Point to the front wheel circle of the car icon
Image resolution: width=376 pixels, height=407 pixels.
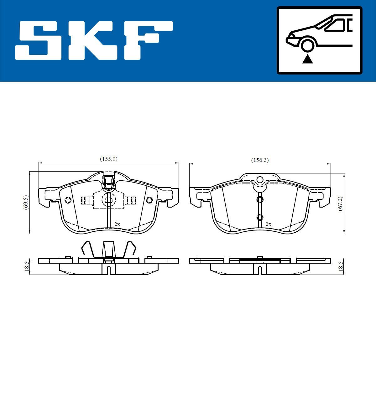point(307,44)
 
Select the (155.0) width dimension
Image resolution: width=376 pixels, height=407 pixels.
point(108,159)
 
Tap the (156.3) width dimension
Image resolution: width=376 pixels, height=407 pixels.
point(260,160)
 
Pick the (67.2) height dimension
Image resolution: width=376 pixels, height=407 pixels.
point(340,203)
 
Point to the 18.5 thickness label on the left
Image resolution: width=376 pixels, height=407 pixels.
point(27,266)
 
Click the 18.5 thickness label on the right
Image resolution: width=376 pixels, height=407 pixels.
point(340,266)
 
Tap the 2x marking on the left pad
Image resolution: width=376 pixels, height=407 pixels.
point(117,224)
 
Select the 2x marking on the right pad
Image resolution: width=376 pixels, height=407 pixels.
point(268,224)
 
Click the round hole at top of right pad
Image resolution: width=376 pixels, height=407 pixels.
point(260,180)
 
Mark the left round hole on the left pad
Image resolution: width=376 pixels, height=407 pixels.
point(67,200)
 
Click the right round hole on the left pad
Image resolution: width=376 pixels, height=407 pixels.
point(149,199)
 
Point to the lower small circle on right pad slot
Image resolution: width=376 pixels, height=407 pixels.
point(260,217)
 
